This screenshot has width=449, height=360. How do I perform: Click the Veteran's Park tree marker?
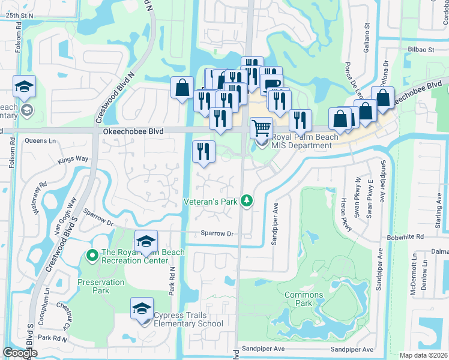pyautogui.click(x=246, y=202)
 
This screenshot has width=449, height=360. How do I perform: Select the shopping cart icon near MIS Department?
pyautogui.click(x=261, y=128)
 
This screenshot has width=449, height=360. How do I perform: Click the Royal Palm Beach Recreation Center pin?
pyautogui.click(x=92, y=256)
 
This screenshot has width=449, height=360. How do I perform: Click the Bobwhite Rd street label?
pyautogui.click(x=406, y=238)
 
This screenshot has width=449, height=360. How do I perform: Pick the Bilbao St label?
pyautogui.click(x=422, y=49)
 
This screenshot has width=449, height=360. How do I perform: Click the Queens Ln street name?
pyautogui.click(x=40, y=141)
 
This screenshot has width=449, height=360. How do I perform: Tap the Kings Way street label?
pyautogui.click(x=73, y=160)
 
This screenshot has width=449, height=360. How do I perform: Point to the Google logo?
pyautogui.click(x=20, y=353)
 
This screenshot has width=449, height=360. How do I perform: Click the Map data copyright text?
pyautogui.click(x=424, y=355)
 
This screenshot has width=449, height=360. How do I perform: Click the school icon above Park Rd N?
pyautogui.click(x=145, y=242)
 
